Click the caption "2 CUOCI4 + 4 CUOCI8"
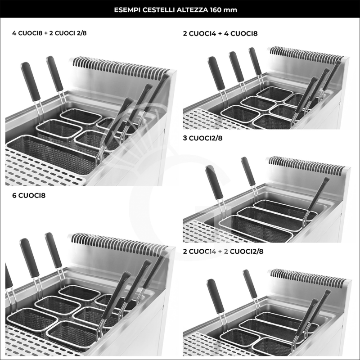pyautogui.click(x=220, y=33)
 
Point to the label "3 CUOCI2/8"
pyautogui.click(x=202, y=138)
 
